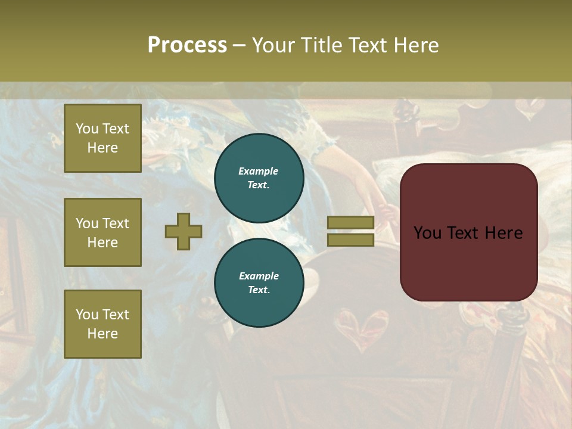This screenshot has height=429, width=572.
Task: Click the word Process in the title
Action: (187, 45)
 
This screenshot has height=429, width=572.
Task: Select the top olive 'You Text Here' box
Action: (102, 138)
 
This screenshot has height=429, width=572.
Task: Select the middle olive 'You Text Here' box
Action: (102, 232)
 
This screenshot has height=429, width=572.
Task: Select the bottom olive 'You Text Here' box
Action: (102, 324)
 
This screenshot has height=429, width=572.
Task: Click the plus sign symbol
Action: (184, 231)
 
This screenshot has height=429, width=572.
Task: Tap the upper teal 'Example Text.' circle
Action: (259, 178)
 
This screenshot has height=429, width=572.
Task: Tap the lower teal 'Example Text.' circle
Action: (259, 283)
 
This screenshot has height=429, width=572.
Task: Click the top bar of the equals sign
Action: (350, 223)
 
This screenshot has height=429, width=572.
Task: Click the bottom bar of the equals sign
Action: (350, 240)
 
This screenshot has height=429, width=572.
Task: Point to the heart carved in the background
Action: (360, 328)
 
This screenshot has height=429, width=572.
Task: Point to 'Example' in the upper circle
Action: (258, 172)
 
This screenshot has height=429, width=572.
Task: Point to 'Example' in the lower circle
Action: (259, 276)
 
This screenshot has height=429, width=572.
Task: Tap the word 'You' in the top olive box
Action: (87, 129)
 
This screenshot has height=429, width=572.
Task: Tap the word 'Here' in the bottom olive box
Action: (102, 334)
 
